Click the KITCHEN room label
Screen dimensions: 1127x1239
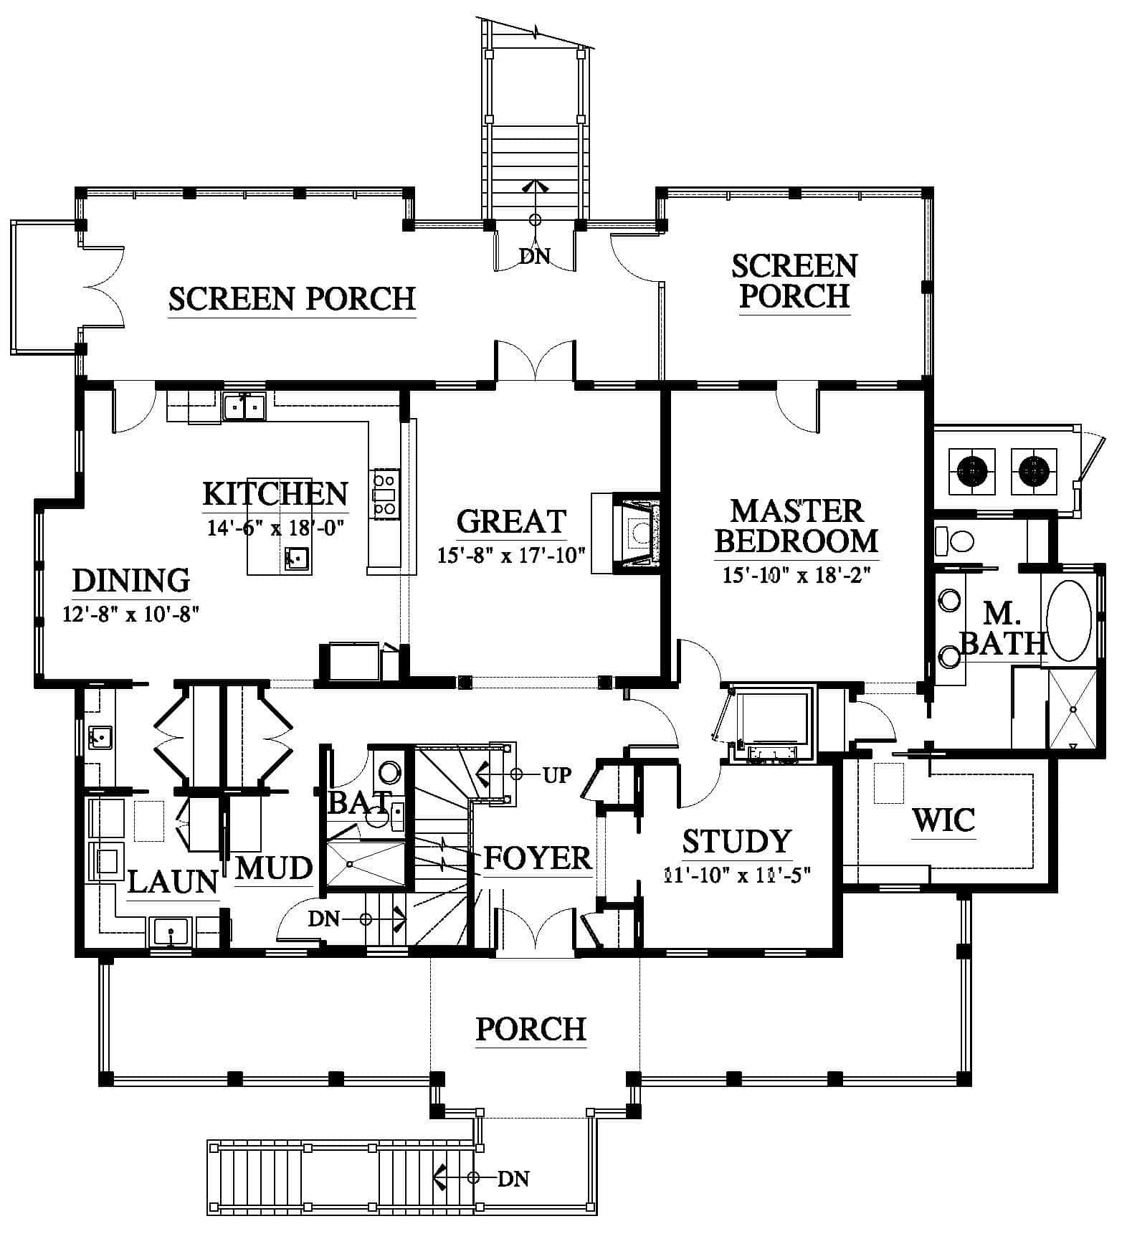(x=276, y=494)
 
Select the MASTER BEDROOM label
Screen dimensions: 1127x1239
(x=796, y=526)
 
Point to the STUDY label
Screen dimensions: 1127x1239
(x=736, y=841)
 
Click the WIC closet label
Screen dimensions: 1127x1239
(x=943, y=820)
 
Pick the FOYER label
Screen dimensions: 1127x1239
(x=538, y=858)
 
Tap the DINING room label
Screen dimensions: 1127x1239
(x=131, y=580)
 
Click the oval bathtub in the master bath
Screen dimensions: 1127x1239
(x=1069, y=620)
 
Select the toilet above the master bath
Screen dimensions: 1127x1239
(x=955, y=539)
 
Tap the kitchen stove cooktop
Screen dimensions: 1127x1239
(x=384, y=494)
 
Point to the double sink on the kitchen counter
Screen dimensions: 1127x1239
(x=244, y=407)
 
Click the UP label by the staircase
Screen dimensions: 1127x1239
(x=556, y=774)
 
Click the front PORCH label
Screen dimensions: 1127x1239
(x=531, y=1029)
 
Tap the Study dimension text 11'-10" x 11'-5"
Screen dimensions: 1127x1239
(x=737, y=875)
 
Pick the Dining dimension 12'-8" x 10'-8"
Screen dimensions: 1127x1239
(x=130, y=614)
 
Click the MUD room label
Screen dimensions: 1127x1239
(x=274, y=868)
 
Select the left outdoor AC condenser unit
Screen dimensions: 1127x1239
(x=972, y=471)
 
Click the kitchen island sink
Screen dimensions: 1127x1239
(x=296, y=557)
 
